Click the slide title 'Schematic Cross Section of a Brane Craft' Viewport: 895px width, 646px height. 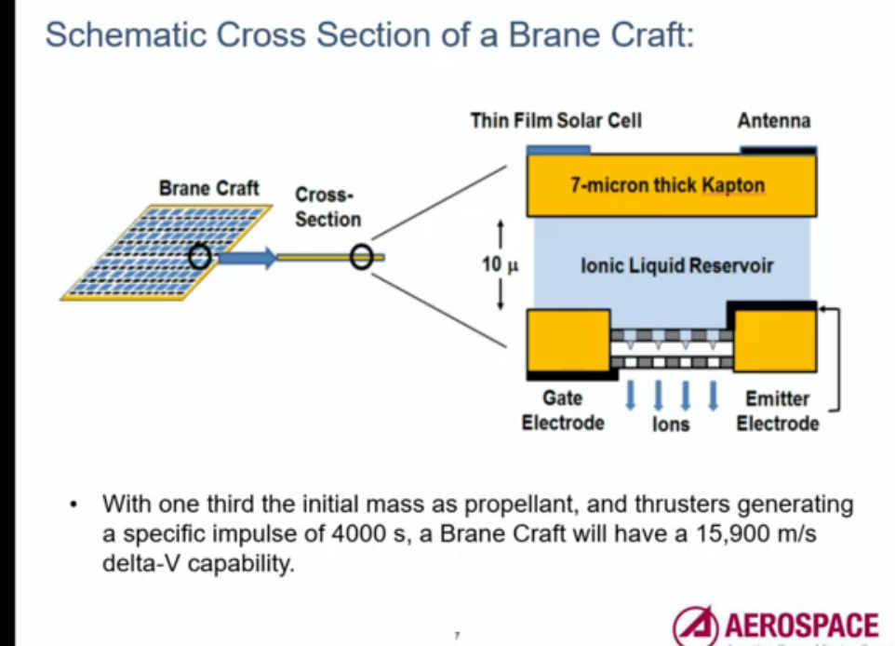pyautogui.click(x=369, y=35)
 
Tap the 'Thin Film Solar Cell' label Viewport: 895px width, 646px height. pyautogui.click(x=555, y=121)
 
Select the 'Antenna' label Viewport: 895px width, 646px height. pyautogui.click(x=773, y=121)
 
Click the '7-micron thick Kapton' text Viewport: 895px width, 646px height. pyautogui.click(x=667, y=184)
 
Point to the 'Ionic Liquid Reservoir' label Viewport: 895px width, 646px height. pyautogui.click(x=676, y=266)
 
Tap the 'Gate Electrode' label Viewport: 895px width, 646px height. pyautogui.click(x=562, y=410)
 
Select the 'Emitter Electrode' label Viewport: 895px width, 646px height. pyautogui.click(x=778, y=410)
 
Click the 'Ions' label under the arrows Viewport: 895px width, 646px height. pyautogui.click(x=671, y=424)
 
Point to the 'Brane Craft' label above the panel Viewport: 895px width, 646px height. pyautogui.click(x=208, y=189)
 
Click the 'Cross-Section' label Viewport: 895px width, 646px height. pyautogui.click(x=327, y=208)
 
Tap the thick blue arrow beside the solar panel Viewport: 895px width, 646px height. pyautogui.click(x=247, y=258)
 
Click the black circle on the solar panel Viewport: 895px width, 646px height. pyautogui.click(x=198, y=257)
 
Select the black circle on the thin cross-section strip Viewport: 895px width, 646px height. pyautogui.click(x=362, y=258)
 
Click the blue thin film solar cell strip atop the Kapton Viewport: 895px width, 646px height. pyautogui.click(x=558, y=148)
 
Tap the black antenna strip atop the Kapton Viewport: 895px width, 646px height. pyautogui.click(x=778, y=148)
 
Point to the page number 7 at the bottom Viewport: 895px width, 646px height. pyautogui.click(x=457, y=636)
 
